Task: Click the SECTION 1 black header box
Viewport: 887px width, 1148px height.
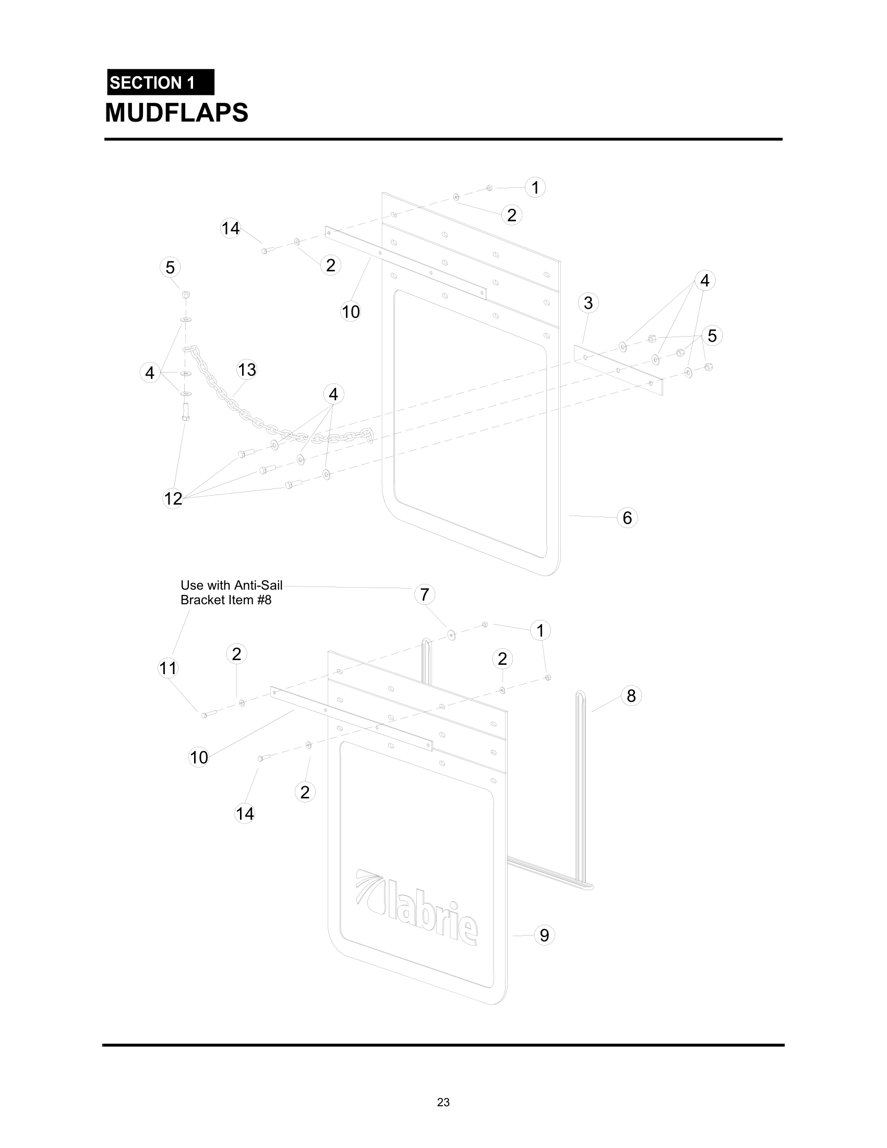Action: pyautogui.click(x=160, y=82)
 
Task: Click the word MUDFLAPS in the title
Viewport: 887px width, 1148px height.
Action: pyautogui.click(x=176, y=113)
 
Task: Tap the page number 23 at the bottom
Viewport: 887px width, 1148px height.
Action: pyautogui.click(x=443, y=1102)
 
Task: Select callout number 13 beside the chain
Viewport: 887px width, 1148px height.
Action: pyautogui.click(x=246, y=369)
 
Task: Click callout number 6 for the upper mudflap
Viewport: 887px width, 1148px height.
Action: pyautogui.click(x=627, y=518)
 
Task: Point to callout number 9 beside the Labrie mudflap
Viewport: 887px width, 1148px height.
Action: pyautogui.click(x=544, y=935)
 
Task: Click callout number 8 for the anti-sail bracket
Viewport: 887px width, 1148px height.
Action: pyautogui.click(x=631, y=696)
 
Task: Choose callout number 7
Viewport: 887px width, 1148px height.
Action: pyautogui.click(x=425, y=594)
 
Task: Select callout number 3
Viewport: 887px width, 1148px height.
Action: pyautogui.click(x=588, y=303)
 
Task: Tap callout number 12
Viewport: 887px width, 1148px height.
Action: pyautogui.click(x=173, y=498)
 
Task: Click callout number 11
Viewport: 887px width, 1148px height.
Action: pyautogui.click(x=168, y=668)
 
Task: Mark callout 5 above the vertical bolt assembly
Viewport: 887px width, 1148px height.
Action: pyautogui.click(x=170, y=267)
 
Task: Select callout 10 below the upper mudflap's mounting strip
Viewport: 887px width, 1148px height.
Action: pyautogui.click(x=351, y=312)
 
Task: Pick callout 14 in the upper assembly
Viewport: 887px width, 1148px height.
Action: pyautogui.click(x=230, y=229)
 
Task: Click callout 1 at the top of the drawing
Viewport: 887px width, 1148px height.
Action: pyautogui.click(x=535, y=188)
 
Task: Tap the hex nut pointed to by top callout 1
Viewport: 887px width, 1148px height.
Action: pyautogui.click(x=489, y=188)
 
